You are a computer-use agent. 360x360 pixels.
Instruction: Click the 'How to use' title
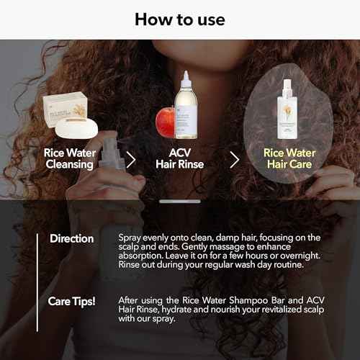[179, 19]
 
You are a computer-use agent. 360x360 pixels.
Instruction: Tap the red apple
[166, 123]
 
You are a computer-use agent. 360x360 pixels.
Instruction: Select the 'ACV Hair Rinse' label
[180, 158]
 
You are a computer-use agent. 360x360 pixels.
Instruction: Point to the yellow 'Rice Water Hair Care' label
[289, 158]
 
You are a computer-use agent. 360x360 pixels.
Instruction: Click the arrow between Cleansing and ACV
[131, 159]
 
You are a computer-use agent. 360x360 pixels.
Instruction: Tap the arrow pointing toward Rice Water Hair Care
[234, 159]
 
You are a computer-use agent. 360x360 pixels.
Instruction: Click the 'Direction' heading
[71, 238]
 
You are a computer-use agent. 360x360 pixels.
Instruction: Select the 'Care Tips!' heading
[71, 301]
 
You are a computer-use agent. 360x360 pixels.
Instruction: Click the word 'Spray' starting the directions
[130, 238]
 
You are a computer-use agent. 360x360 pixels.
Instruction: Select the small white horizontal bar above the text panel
[179, 202]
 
